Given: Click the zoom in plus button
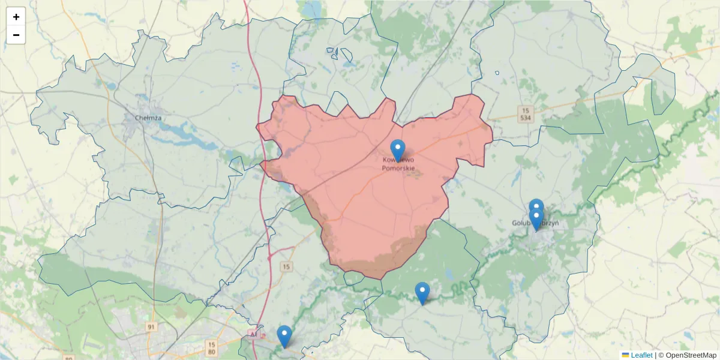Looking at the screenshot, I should [16, 17].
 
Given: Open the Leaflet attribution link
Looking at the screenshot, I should [641, 355].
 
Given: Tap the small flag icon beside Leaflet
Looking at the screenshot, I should [625, 355].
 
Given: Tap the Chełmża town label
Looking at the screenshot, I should [148, 118].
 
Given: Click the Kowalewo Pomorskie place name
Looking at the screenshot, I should [397, 164].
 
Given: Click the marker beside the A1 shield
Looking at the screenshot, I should [284, 336].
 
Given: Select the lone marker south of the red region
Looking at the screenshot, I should [422, 293].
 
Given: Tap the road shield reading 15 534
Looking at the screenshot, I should [526, 114].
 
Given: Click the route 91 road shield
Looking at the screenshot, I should [151, 326].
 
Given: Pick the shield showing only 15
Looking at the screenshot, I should [287, 266].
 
